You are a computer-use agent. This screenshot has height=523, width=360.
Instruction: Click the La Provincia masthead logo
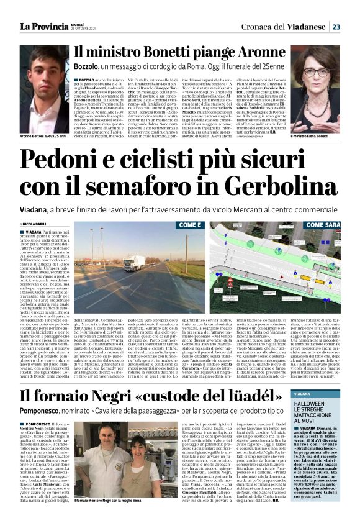(x=43, y=26)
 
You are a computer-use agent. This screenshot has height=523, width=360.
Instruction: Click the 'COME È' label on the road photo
(x=191, y=225)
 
